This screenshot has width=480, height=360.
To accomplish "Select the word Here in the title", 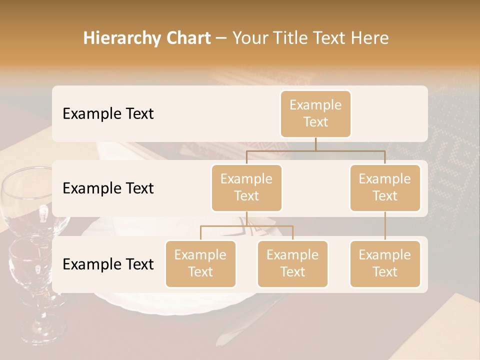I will pos(369,38).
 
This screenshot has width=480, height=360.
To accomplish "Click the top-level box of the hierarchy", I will pos(315,113).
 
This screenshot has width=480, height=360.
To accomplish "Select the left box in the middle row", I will pos(246,187).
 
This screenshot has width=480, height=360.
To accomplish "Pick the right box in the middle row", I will pos(385,187).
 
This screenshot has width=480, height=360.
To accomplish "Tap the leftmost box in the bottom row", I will pos(200,263).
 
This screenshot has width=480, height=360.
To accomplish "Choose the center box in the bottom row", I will pos(292,263).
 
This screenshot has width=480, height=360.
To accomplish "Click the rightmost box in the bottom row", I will pos(385,263).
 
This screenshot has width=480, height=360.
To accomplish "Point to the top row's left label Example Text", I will pos(108,114).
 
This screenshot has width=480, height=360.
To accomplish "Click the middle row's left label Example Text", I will pos(108,188).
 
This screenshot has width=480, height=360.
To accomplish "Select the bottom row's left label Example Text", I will pos(108,264).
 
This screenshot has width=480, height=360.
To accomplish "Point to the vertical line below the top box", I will pos(315,144).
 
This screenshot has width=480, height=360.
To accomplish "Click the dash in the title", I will pos(221,38).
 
